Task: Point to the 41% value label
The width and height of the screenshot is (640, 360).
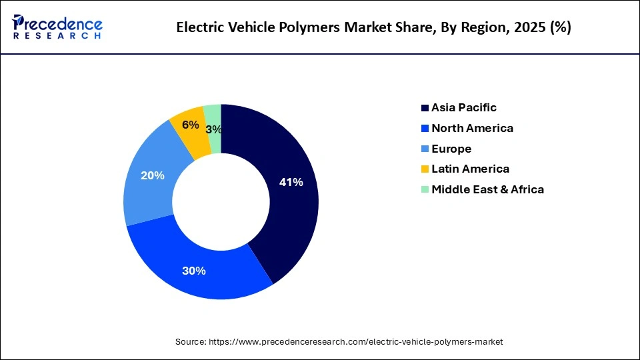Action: tap(291, 182)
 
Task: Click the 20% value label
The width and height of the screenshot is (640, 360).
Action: tap(153, 175)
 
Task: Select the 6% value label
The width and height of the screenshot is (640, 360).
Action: tap(190, 125)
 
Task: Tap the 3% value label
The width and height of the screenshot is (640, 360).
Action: tap(214, 129)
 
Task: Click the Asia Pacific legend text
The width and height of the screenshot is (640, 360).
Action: tap(464, 107)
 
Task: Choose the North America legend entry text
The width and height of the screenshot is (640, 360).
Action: tap(472, 128)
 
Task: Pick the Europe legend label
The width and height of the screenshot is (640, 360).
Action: tap(451, 149)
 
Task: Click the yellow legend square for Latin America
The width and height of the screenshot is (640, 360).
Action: tap(425, 169)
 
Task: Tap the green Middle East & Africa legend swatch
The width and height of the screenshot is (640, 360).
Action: tap(425, 190)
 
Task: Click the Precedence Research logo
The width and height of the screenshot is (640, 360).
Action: tap(57, 27)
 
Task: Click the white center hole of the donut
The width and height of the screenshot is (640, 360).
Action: tap(221, 201)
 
